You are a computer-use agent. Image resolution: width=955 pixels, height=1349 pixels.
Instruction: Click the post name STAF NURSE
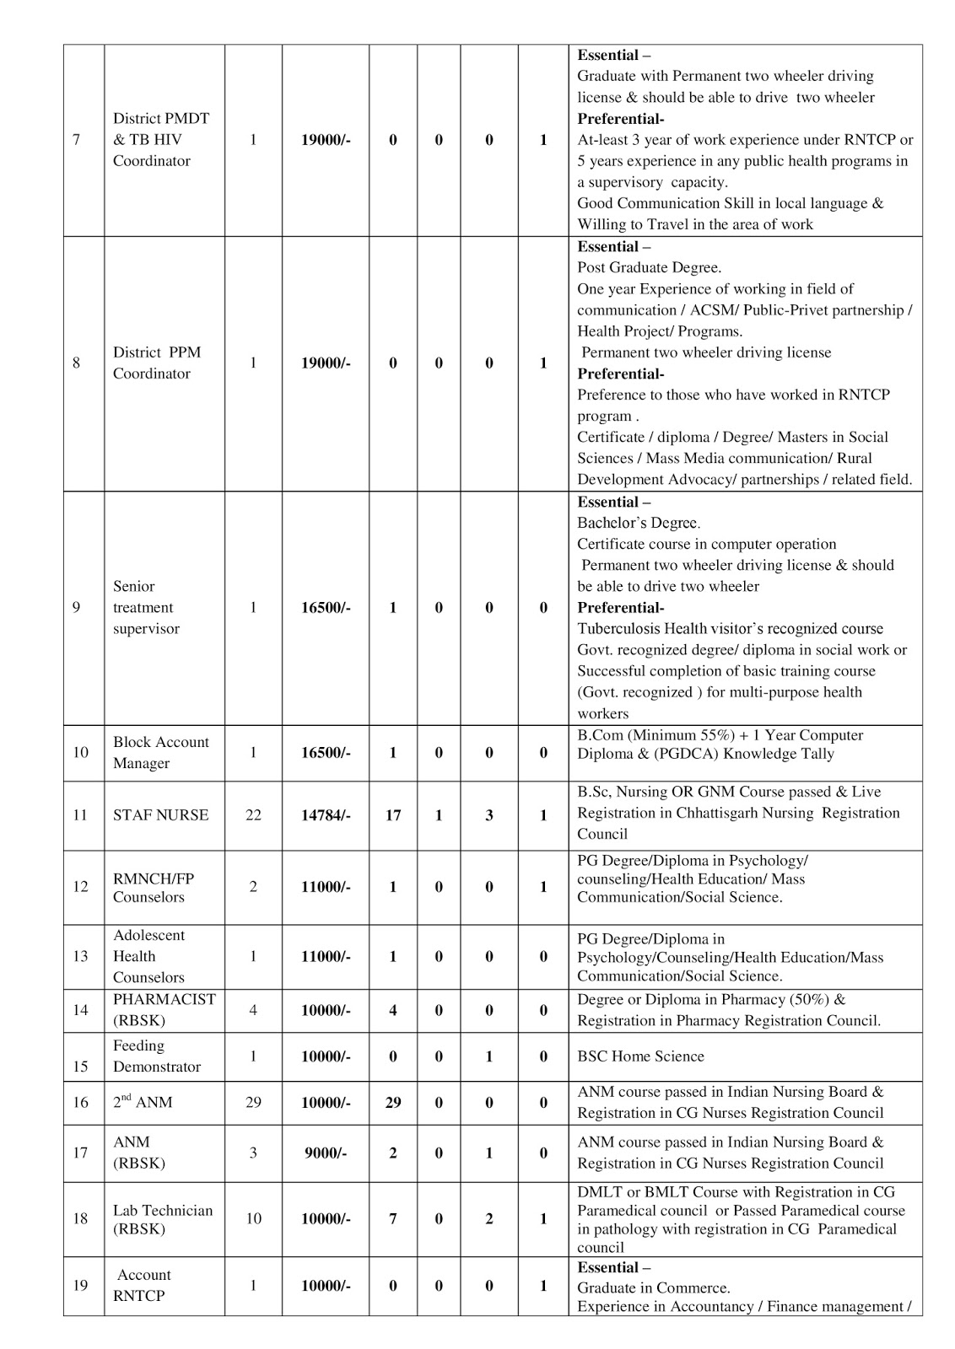pos(160,815)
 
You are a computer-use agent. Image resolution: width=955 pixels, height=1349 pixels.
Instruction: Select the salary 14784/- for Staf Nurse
pos(326,815)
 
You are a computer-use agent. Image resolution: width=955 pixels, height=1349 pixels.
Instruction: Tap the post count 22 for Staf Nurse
pos(253,815)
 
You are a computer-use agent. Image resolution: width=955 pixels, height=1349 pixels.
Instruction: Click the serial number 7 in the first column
pos(77,140)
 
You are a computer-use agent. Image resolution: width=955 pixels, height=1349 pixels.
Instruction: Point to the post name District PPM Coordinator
pos(157,363)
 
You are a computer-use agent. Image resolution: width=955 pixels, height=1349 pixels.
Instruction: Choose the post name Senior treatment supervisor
pos(146,607)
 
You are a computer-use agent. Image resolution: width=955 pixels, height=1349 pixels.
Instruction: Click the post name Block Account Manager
pos(160,752)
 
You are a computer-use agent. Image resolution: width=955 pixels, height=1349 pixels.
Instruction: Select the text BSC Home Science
pos(640,1056)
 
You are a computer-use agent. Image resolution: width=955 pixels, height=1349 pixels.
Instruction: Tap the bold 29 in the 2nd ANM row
pos(393,1103)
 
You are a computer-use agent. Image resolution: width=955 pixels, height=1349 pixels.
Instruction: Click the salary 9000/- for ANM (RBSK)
pos(326,1153)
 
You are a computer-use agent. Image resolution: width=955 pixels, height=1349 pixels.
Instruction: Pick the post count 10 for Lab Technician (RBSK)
pos(253,1218)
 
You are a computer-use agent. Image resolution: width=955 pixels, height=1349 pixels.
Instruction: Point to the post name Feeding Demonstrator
pos(157,1056)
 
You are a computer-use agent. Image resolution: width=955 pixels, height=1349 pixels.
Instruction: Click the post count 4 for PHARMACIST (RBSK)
pos(253,1010)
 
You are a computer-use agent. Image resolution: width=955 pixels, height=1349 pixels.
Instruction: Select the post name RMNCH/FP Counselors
pos(154,887)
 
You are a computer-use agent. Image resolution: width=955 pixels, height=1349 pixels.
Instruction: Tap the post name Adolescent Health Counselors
pos(148,956)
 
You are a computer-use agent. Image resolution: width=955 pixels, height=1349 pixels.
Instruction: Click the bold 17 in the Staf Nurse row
pos(393,815)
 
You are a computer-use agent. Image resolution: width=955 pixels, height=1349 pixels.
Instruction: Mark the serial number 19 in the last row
pos(80,1286)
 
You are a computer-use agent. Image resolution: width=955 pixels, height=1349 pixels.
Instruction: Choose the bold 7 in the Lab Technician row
pos(393,1218)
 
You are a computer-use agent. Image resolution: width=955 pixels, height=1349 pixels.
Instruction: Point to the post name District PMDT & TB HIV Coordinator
pos(160,140)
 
